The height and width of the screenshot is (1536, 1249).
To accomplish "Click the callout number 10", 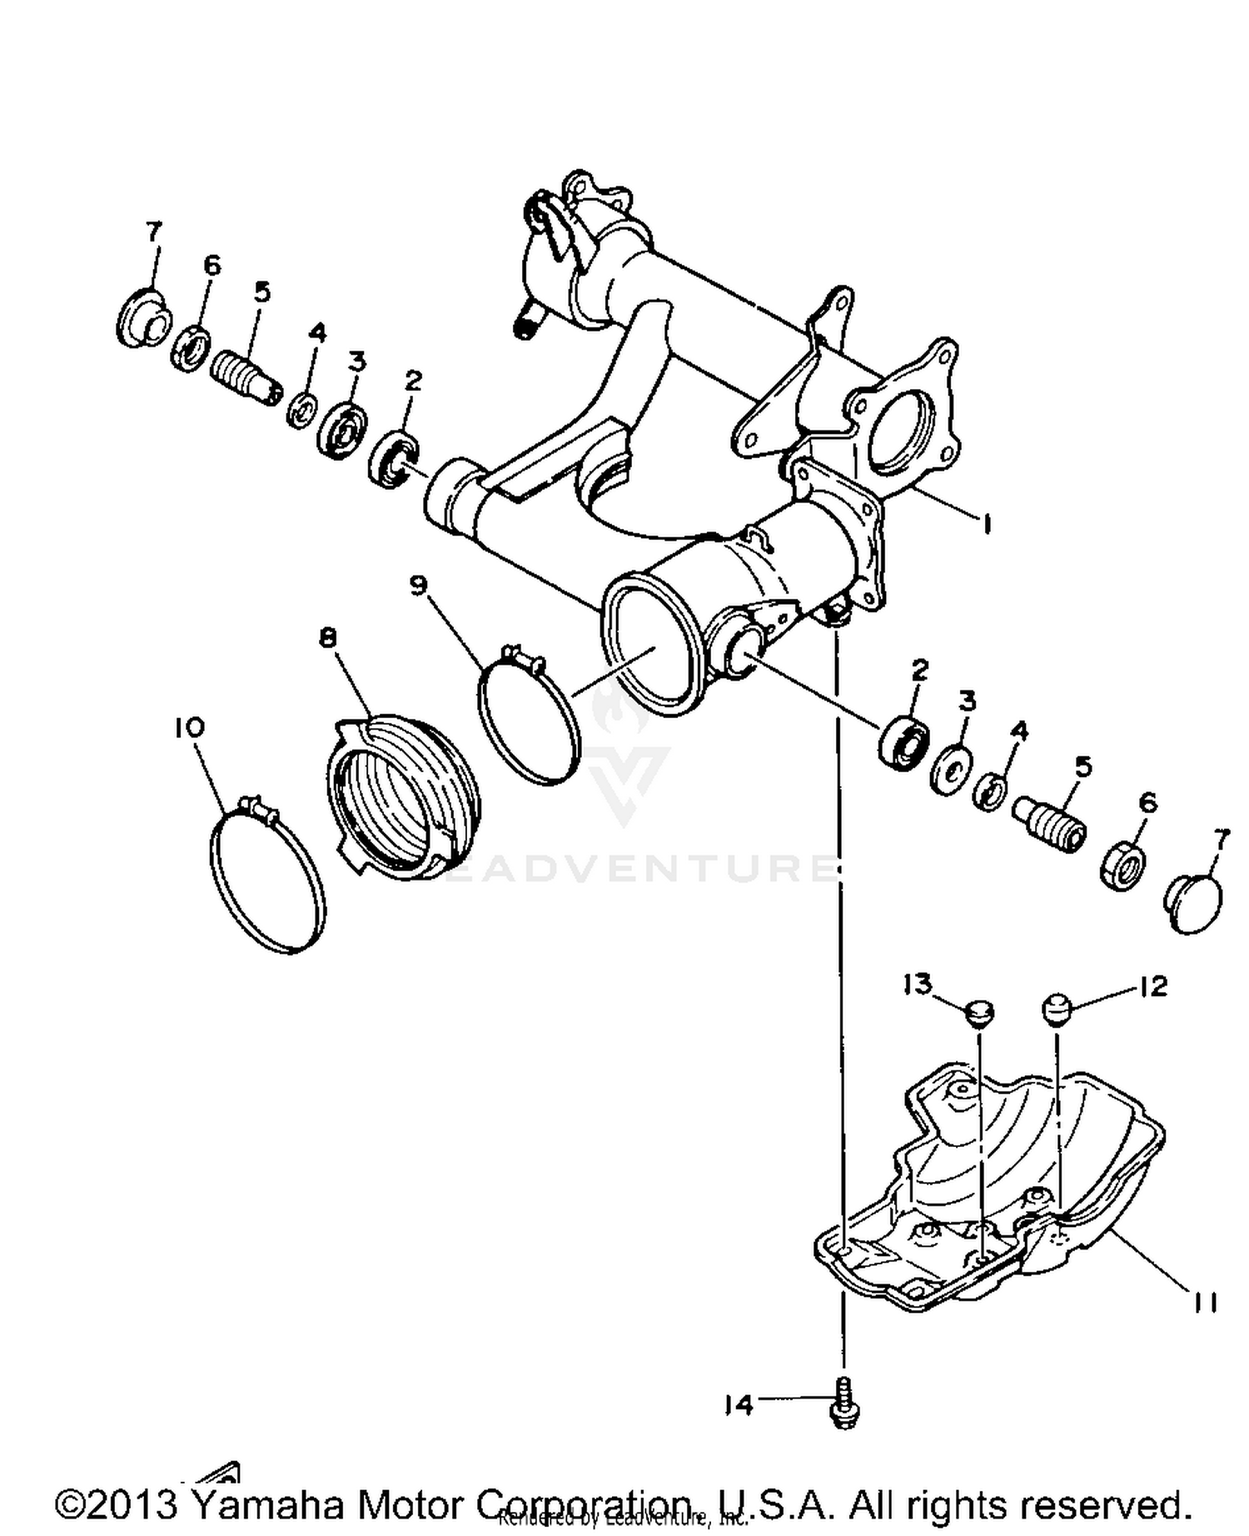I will coord(189,727).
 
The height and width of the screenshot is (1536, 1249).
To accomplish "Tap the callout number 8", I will coord(328,638).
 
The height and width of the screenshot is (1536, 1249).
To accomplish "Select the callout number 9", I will coord(418,586).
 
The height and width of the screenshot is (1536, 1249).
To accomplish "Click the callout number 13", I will coord(917,985).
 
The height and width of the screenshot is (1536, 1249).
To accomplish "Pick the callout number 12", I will coord(1152,986).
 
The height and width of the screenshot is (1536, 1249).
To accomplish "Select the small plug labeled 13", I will coord(979,1013).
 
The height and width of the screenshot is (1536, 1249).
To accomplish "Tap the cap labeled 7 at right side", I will coord(1192,903).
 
